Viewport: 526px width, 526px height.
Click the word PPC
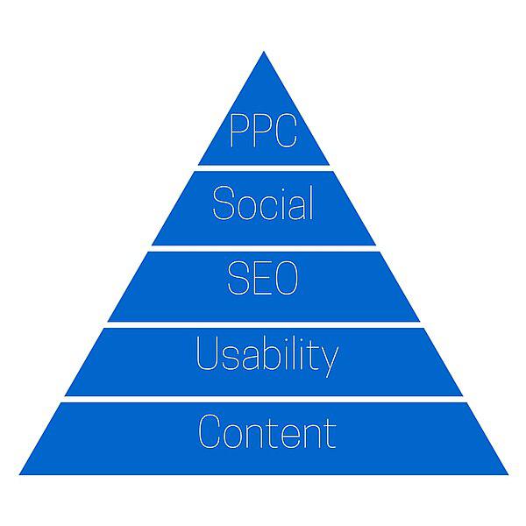point(263,131)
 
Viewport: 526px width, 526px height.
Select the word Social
point(263,203)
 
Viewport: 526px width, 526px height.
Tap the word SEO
point(263,278)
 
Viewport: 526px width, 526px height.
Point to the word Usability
point(267,356)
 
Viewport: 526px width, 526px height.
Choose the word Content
point(267,431)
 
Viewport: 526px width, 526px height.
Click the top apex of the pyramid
point(264,52)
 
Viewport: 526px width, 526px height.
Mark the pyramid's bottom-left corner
point(19,474)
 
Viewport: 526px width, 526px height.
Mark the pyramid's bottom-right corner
point(508,474)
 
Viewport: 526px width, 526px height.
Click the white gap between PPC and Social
point(264,168)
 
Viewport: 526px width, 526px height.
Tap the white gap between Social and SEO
point(264,249)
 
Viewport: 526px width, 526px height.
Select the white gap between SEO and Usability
point(264,324)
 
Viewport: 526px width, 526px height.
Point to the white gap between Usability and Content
point(264,400)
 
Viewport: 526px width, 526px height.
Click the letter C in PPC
point(286,131)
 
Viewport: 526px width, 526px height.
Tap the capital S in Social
point(223,203)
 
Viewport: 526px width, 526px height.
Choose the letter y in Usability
point(331,361)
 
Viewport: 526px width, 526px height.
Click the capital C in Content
point(210,431)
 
